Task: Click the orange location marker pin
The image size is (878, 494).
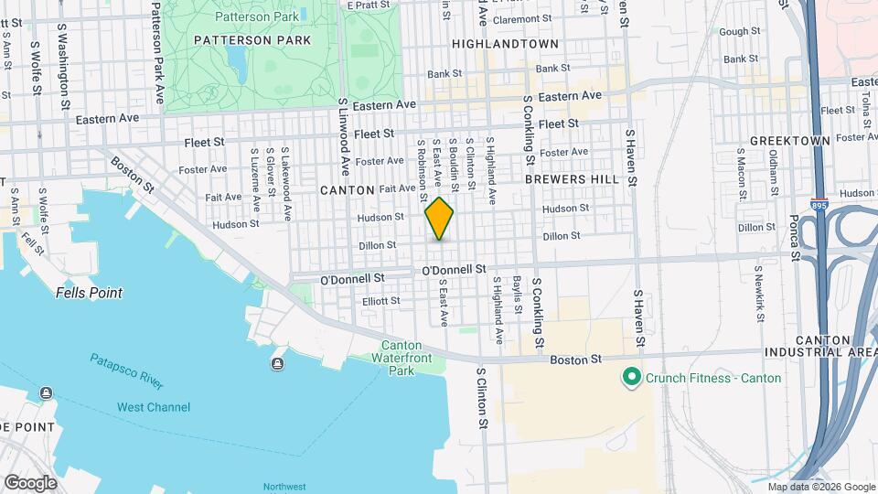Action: click(x=439, y=219)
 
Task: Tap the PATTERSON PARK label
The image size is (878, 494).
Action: click(x=252, y=40)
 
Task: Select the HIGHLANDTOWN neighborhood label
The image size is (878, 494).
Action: click(x=505, y=43)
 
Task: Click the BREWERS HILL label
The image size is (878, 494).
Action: click(x=573, y=179)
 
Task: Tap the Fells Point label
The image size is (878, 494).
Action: click(x=89, y=293)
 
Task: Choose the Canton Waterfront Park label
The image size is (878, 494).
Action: click(x=401, y=358)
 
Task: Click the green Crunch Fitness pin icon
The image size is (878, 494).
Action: click(x=630, y=377)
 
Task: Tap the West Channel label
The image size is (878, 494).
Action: click(x=154, y=407)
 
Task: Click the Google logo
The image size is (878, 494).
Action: click(x=30, y=482)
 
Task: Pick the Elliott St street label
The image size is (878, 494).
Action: click(x=381, y=300)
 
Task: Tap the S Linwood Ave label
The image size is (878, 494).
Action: click(x=345, y=138)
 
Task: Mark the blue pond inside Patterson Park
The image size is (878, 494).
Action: click(x=237, y=62)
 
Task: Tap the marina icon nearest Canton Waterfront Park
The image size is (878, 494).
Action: click(x=277, y=365)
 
